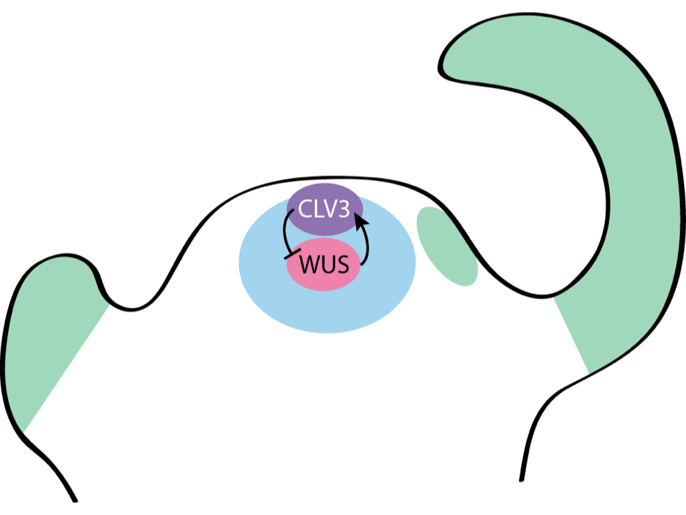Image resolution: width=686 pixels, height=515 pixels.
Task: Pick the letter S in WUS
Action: [x=342, y=266]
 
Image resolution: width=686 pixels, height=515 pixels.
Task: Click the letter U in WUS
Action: [x=326, y=266]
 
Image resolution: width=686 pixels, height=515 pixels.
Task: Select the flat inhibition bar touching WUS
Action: [x=291, y=254]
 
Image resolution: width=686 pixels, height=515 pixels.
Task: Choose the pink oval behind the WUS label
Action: [x=325, y=280]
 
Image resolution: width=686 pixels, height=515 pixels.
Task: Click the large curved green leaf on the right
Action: [x=636, y=201]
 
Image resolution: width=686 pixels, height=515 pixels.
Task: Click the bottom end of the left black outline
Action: [x=74, y=500]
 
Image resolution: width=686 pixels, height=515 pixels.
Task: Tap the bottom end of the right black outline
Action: [x=521, y=479]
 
